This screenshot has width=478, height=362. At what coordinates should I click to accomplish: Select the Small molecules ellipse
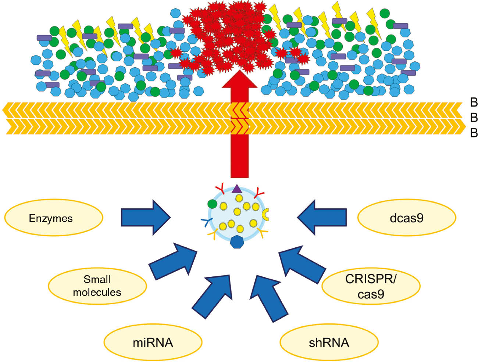[97, 286]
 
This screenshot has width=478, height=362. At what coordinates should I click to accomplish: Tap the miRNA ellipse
[153, 343]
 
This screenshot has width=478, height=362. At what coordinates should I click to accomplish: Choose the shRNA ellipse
[329, 343]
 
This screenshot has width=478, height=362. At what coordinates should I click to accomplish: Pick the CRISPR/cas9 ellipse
[371, 286]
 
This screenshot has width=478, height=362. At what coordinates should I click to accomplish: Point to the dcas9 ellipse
[407, 218]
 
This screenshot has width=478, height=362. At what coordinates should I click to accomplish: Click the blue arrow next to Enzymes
[145, 218]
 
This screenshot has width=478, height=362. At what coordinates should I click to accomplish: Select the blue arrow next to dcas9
[322, 217]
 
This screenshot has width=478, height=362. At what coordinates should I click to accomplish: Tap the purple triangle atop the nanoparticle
[237, 189]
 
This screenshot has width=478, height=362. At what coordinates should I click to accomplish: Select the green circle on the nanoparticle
[212, 204]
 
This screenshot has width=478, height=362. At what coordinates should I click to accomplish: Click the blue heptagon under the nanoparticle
[237, 242]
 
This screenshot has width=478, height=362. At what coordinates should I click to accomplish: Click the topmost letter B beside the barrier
[474, 103]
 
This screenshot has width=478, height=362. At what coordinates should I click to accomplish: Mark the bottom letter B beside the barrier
[474, 133]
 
